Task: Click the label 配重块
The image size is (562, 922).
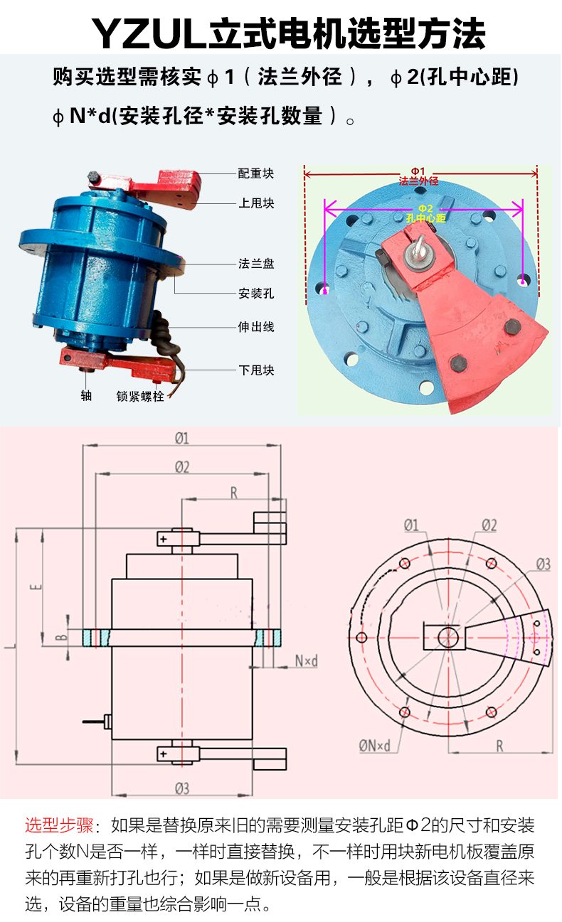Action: tap(256, 173)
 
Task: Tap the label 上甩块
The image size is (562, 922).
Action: tap(256, 203)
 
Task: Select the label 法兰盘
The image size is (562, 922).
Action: tap(256, 264)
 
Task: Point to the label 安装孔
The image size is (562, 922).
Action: tap(256, 294)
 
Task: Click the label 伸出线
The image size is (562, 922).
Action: tap(256, 327)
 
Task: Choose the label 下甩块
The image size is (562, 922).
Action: tap(256, 370)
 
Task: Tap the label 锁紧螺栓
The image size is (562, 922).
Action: tap(140, 396)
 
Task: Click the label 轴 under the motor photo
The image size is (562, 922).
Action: tap(86, 395)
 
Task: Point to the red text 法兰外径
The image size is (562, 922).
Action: tap(418, 181)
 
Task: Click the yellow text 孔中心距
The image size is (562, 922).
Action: tap(425, 218)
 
